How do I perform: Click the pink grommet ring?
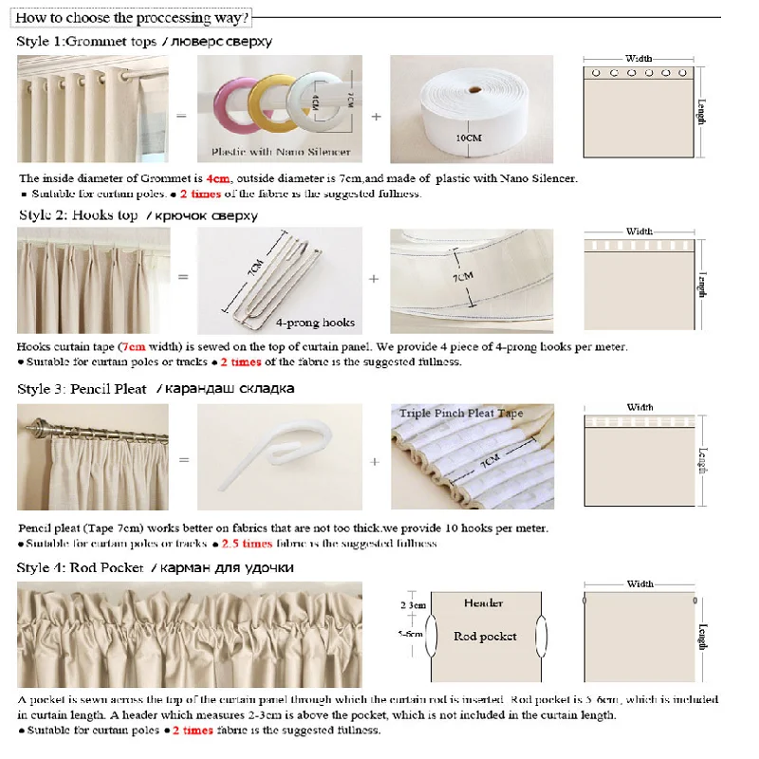[x=233, y=104]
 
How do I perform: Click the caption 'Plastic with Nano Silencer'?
[x=280, y=152]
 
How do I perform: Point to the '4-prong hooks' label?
[x=315, y=324]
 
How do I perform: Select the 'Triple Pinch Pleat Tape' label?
[x=461, y=414]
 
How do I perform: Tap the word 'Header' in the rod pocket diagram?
[x=484, y=603]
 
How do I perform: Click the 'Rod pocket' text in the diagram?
[x=485, y=637]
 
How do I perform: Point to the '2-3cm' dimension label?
[x=414, y=604]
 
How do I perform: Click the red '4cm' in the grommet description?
[x=218, y=178]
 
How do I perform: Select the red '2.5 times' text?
[x=247, y=544]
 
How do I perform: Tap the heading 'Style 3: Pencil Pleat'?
[x=82, y=389]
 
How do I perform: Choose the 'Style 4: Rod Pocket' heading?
[x=79, y=567]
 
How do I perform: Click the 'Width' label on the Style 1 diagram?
[x=639, y=59]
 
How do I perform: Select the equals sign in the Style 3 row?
[x=183, y=460]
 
